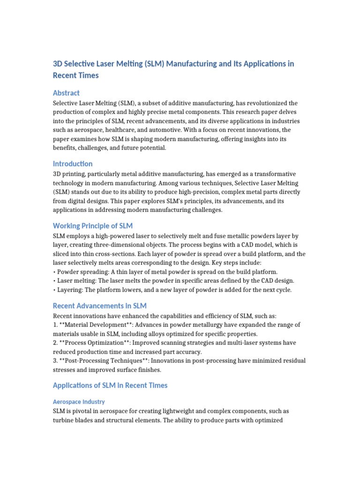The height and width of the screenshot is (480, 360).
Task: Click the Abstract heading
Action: coord(66,93)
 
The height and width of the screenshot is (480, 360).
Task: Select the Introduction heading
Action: coord(73,164)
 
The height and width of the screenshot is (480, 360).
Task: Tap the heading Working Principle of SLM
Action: coord(93,226)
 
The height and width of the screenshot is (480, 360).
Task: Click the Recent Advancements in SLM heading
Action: coord(100,306)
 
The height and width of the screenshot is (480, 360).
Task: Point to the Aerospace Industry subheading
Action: coord(79,402)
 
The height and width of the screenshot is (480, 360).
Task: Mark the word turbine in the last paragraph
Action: coord(63,420)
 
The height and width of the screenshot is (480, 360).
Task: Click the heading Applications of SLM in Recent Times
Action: coord(110,385)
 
